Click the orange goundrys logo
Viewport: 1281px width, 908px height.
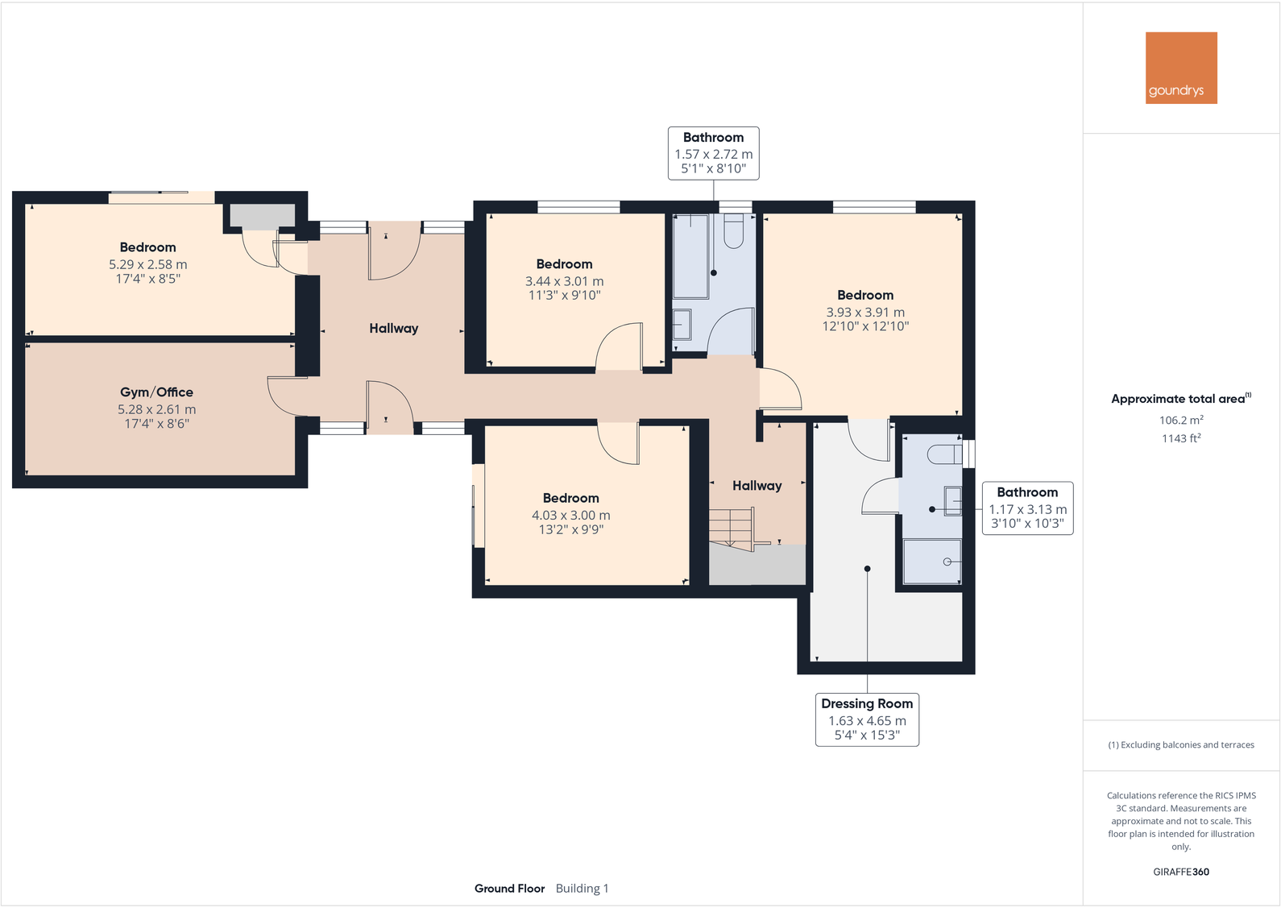(1181, 68)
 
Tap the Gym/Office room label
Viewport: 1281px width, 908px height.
(156, 392)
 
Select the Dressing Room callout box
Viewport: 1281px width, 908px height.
(867, 719)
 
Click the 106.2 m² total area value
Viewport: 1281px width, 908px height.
(1181, 420)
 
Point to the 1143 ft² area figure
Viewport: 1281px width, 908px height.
(1181, 438)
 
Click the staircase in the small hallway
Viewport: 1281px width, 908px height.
(732, 529)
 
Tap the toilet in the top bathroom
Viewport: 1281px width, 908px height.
(733, 231)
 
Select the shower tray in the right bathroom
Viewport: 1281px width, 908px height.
(932, 562)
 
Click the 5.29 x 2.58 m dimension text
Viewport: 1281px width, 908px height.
(147, 264)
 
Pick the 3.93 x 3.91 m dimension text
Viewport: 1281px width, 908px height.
(865, 313)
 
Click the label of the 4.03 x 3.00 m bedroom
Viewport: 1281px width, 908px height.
(570, 498)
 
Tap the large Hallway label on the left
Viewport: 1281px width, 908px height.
(393, 328)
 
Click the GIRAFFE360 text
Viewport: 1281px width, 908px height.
(1181, 872)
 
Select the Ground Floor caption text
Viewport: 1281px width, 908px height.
(509, 889)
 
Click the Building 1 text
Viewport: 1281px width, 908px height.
(582, 889)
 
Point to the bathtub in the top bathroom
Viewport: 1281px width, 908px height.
(690, 256)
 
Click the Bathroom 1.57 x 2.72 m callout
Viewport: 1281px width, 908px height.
(713, 153)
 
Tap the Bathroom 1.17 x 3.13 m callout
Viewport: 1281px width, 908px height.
(1027, 508)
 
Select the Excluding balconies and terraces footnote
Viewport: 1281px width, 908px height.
(1181, 745)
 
